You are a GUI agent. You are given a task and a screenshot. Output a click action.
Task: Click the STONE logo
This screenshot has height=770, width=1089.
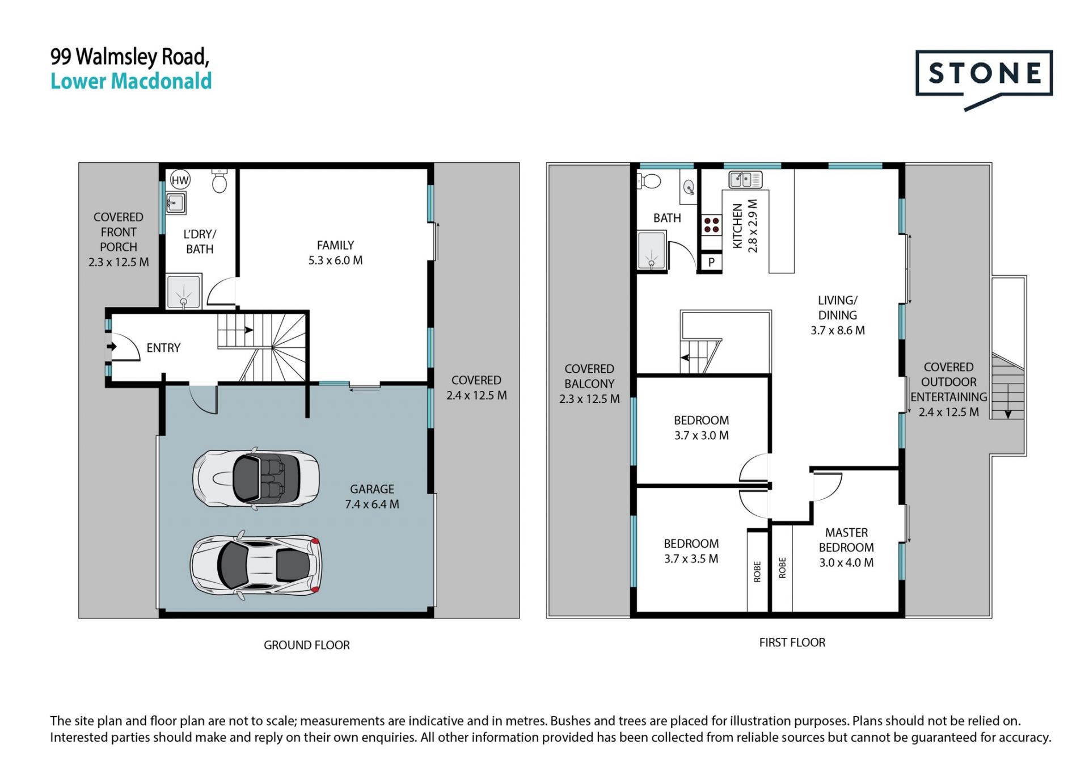tap(984, 80)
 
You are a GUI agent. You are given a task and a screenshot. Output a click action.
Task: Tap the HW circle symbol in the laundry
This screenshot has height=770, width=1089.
tap(180, 180)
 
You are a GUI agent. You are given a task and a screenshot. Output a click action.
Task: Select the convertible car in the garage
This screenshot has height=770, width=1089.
tap(256, 478)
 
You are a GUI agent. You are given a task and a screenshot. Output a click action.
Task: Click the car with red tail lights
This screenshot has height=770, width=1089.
tap(256, 565)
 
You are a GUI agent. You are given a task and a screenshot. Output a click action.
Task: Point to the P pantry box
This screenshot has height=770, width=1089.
tap(711, 262)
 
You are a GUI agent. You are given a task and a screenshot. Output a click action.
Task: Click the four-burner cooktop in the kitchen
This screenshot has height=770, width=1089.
tap(712, 225)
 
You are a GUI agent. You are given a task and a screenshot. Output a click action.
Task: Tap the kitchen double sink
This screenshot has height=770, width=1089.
tap(745, 180)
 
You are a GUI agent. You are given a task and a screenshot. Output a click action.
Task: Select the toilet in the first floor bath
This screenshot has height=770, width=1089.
tap(649, 181)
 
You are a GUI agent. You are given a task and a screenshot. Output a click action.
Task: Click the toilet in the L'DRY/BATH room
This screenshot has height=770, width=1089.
tap(220, 180)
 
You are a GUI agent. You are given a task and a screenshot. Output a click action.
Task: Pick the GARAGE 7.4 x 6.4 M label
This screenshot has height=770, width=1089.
tap(372, 496)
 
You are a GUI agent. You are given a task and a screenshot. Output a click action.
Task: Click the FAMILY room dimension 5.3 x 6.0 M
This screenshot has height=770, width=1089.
tap(335, 260)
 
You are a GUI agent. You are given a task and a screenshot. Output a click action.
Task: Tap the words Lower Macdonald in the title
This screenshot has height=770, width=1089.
tap(131, 81)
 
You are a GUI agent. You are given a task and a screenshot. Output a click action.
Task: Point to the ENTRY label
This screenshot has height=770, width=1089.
tap(163, 348)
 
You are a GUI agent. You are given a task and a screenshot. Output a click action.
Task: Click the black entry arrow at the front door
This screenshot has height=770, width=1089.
tap(112, 346)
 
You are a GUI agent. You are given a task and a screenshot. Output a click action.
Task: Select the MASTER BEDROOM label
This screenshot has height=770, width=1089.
tap(846, 540)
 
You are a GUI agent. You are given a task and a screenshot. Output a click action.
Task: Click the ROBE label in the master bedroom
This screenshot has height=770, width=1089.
tap(782, 567)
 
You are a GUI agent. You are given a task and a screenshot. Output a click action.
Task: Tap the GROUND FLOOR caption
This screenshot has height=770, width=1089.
tap(307, 645)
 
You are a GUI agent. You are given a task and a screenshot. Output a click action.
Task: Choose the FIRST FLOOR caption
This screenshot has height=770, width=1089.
tap(792, 642)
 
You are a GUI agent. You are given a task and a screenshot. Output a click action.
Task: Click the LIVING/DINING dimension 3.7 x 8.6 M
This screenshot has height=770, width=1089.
tap(838, 330)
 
